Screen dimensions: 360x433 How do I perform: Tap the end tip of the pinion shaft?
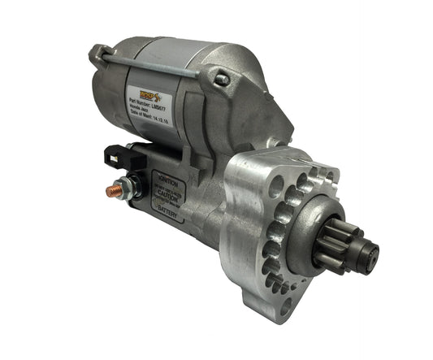371,250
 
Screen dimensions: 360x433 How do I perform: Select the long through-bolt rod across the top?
154,64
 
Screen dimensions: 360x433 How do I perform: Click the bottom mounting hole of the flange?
285,306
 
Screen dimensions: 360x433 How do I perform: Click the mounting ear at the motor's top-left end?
99,54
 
